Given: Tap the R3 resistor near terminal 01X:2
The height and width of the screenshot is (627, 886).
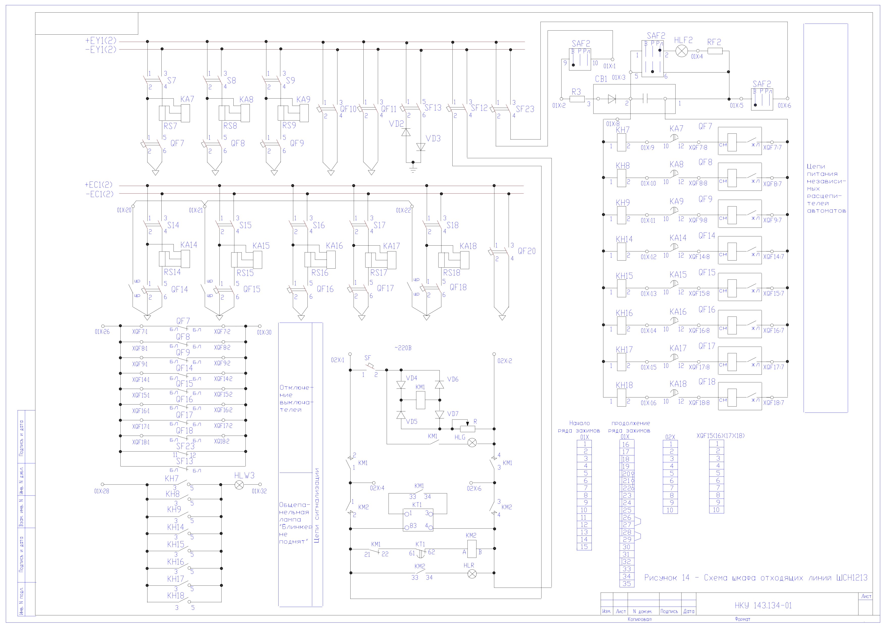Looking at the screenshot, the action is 577,99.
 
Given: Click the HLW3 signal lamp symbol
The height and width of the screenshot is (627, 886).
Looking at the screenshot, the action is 239,484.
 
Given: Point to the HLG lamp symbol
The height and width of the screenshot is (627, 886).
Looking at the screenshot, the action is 472,443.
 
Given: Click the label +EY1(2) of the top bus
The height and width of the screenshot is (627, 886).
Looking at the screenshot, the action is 101,40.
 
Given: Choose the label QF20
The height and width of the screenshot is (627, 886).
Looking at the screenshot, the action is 527,251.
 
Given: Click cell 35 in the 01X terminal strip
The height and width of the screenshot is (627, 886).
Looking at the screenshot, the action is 627,584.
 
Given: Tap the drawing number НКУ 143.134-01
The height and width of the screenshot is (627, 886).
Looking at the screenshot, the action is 763,605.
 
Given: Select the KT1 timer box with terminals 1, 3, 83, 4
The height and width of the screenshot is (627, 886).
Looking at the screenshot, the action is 418,520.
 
